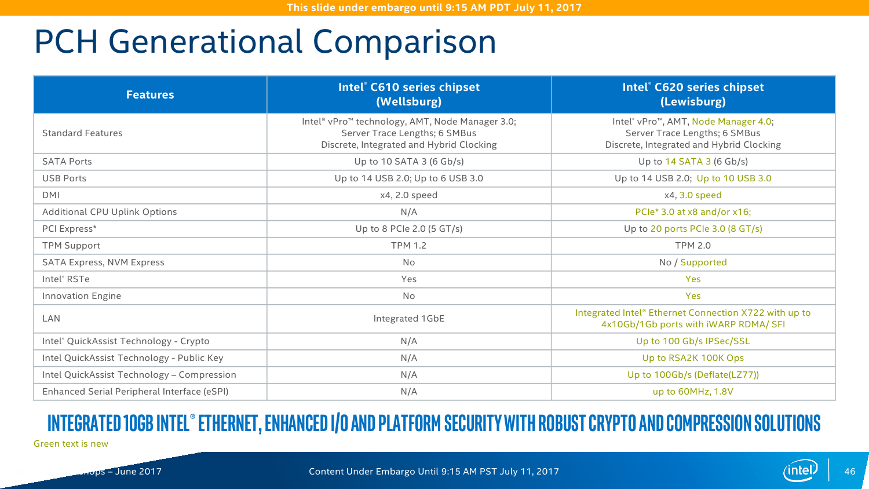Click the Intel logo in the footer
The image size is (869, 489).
tap(800, 470)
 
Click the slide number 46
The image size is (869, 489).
tap(850, 472)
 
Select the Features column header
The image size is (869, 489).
tap(150, 94)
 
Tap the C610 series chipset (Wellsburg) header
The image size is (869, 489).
tap(409, 94)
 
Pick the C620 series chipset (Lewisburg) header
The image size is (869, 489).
tap(693, 94)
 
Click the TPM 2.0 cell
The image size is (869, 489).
tap(693, 246)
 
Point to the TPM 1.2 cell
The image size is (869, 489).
tap(409, 246)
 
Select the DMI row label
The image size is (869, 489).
tap(51, 195)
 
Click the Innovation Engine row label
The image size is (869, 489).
tap(82, 296)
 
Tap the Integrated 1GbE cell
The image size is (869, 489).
tap(409, 319)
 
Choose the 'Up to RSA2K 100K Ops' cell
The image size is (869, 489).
tap(693, 358)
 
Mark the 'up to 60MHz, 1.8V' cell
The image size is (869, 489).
tap(693, 392)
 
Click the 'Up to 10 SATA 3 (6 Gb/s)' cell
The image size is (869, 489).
tap(409, 162)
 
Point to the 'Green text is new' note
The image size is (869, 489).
tap(71, 444)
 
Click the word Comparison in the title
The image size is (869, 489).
tap(404, 42)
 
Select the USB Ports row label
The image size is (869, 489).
tap(64, 178)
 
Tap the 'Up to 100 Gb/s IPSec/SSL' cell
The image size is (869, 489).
tap(693, 341)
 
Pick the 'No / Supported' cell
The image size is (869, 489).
tap(693, 262)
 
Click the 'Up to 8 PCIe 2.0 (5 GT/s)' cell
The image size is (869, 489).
tap(409, 229)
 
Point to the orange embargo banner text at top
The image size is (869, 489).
tap(434, 8)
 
